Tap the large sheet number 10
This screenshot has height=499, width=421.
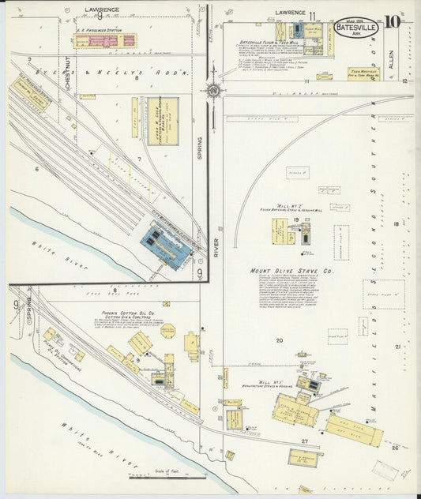coord(395,21)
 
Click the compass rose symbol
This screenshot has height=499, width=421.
coord(212,90)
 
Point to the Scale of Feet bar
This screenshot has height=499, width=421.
coord(167,476)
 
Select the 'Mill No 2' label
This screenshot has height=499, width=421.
coord(280,205)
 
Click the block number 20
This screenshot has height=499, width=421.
coord(279,340)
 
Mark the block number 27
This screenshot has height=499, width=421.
coord(304,441)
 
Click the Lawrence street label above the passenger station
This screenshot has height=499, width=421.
coord(101,10)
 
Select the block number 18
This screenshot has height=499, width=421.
coord(396,225)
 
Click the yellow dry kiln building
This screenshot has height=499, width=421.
coord(354,430)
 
